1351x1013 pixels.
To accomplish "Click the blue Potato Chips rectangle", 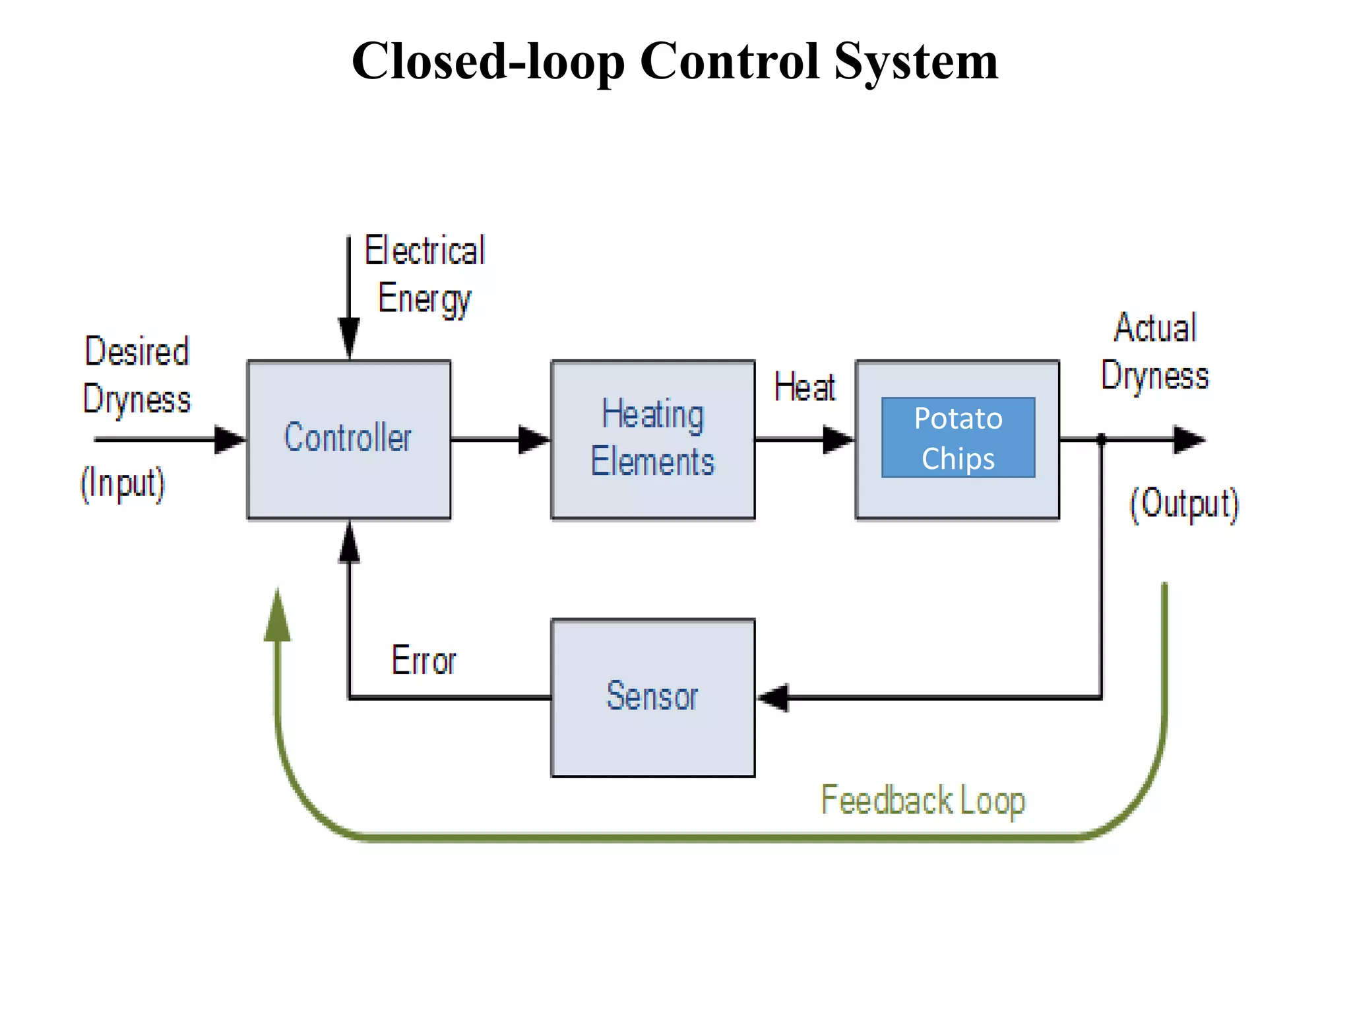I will click(958, 437).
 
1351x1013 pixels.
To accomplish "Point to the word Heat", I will click(804, 387).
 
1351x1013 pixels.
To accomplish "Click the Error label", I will click(424, 660).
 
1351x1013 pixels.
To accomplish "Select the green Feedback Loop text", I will click(922, 801).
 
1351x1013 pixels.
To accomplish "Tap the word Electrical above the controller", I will click(425, 251).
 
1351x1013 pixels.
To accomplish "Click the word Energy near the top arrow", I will click(424, 299).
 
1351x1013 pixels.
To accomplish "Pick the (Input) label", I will click(123, 483).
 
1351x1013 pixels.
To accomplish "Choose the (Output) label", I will click(1184, 504).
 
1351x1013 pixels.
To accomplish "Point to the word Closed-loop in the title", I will click(488, 61).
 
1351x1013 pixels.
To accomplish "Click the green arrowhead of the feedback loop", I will click(278, 616).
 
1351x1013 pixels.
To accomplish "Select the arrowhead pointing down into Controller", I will click(349, 338).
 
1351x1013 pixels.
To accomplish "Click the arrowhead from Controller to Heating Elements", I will click(533, 439).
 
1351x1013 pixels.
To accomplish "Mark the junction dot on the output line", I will click(1101, 439).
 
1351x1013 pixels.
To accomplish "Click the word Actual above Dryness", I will click(1155, 328).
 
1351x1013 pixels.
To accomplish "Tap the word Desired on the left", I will click(137, 351).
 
